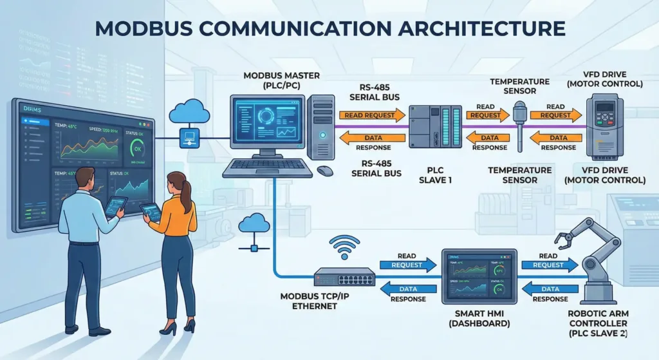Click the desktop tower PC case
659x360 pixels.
pyautogui.click(x=320, y=127)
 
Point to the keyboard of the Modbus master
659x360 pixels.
pyautogui.click(x=267, y=166)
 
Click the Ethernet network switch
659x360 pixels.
pyautogui.click(x=344, y=277)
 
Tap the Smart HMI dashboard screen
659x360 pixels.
pyautogui.click(x=479, y=276)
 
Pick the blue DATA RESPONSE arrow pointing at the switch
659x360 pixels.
pyautogui.click(x=405, y=289)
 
